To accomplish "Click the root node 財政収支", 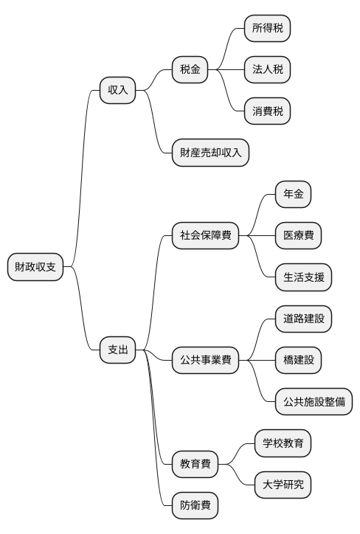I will (35, 267).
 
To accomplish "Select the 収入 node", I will (118, 91).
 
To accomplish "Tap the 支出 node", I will (118, 350).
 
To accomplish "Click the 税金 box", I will (190, 70).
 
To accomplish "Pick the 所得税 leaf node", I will (267, 29).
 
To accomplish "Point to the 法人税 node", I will (267, 70).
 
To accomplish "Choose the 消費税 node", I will (267, 112).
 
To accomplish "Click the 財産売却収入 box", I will (210, 153).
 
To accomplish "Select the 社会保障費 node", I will (205, 236).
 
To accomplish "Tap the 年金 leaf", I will (293, 195).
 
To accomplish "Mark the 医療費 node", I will (298, 236).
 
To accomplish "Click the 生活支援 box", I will (303, 278).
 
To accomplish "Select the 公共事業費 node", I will (205, 361).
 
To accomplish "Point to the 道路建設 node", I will (303, 319).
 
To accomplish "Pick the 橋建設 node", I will (298, 361).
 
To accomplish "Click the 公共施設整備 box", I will (314, 403).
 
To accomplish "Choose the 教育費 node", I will (195, 465).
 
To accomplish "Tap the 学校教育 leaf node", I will (283, 444).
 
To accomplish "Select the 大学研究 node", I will (283, 485).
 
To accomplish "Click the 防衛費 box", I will (195, 506).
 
